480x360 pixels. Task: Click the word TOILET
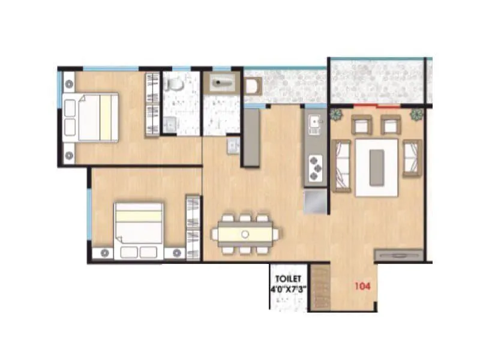click(289, 279)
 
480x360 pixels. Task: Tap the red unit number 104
click(361, 286)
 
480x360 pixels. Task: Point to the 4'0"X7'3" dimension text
click(289, 289)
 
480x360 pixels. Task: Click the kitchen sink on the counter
click(314, 125)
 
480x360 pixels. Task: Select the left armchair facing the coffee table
click(362, 125)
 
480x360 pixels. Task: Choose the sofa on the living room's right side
click(412, 158)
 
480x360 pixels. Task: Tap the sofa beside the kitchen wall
click(341, 166)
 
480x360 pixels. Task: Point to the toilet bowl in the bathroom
click(175, 84)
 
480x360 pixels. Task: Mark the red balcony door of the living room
click(376, 106)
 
